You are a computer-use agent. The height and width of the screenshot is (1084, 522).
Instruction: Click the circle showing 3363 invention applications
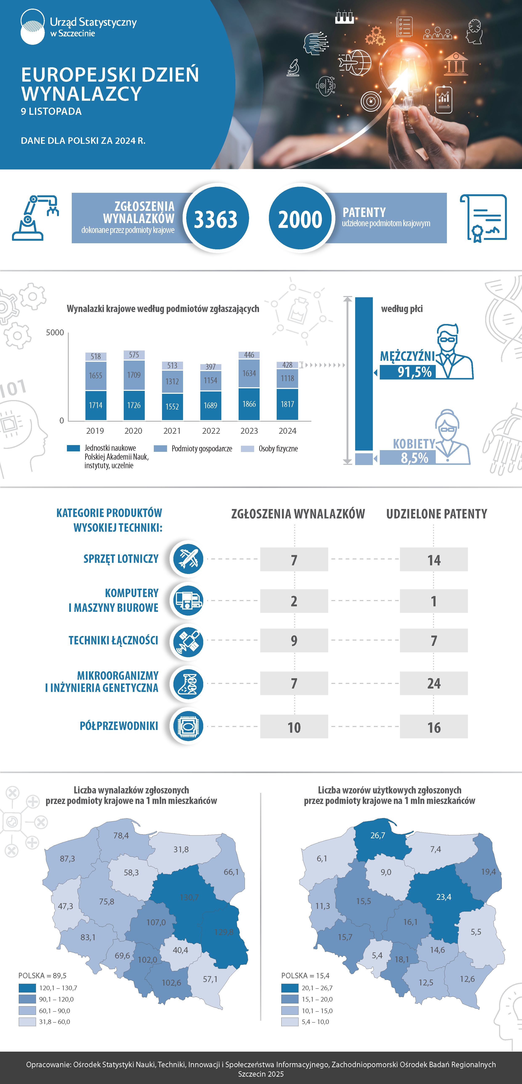click(x=215, y=219)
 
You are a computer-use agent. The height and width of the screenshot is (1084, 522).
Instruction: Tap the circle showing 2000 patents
click(x=300, y=219)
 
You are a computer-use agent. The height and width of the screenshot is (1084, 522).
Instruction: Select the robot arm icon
click(x=35, y=218)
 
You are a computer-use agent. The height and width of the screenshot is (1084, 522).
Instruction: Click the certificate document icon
click(x=483, y=218)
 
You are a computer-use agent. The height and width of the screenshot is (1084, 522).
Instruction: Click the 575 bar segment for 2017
click(x=134, y=355)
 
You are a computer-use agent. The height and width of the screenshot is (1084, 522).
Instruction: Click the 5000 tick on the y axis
click(x=55, y=332)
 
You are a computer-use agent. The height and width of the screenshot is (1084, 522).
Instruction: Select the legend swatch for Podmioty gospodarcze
click(x=160, y=449)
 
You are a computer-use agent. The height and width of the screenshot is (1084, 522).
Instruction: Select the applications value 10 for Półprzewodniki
click(x=294, y=727)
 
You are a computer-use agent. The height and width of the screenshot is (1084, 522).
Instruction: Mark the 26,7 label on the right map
click(x=378, y=835)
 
